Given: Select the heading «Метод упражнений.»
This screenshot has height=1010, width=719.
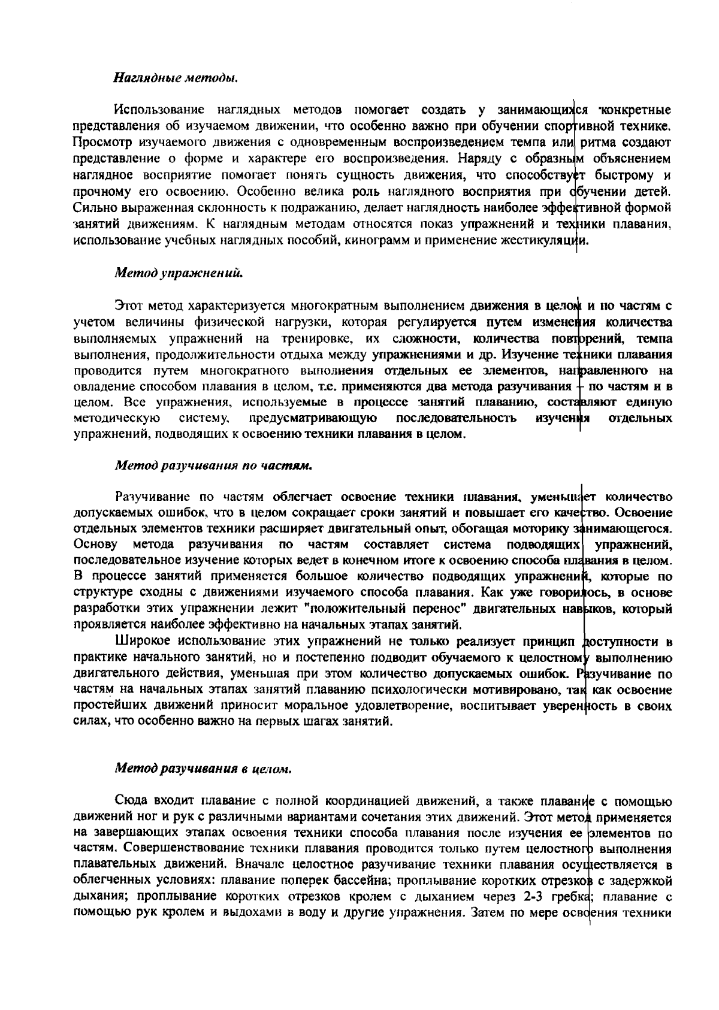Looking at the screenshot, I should pyautogui.click(x=179, y=273).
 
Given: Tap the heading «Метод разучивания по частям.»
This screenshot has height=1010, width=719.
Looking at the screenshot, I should pyautogui.click(x=213, y=465).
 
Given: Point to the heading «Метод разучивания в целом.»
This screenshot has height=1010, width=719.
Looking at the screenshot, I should pyautogui.click(x=203, y=768).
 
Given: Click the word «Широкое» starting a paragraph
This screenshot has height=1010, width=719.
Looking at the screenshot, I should pyautogui.click(x=141, y=642).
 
